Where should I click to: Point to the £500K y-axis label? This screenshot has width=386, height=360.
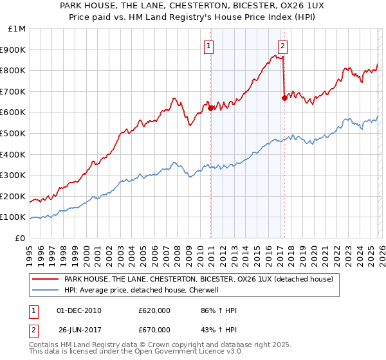coord(14,133)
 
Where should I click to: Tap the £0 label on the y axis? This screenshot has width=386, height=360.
coord(21,238)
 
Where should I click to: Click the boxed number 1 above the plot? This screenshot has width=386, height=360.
coord(210,46)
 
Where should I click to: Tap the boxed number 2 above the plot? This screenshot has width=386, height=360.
coord(282,46)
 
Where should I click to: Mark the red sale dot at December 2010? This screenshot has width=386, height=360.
coord(210,108)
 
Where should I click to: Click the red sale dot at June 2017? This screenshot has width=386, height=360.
coord(284,98)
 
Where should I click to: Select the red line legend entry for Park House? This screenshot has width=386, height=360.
coord(198,280)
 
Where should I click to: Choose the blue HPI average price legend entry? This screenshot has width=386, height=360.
coord(142,290)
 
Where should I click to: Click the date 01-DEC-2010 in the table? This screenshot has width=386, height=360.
coord(79,310)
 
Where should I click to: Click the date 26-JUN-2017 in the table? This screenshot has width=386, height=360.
coord(79,331)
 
